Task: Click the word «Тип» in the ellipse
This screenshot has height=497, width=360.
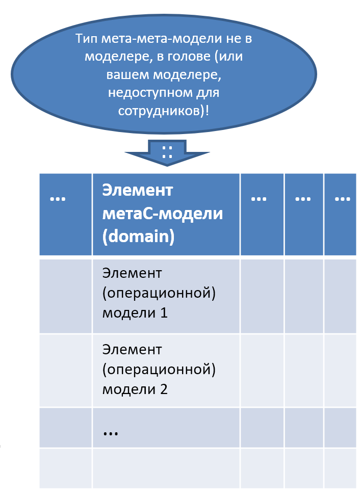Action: (87, 39)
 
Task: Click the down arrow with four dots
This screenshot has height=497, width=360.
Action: (167, 153)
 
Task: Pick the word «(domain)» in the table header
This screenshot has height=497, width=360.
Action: (138, 237)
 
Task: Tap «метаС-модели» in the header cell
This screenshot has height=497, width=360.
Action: (162, 214)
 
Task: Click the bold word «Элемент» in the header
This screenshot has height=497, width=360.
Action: (137, 191)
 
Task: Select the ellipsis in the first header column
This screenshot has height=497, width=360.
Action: (58, 199)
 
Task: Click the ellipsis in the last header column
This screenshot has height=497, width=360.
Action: (343, 199)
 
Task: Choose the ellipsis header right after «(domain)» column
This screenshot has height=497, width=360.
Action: (259, 199)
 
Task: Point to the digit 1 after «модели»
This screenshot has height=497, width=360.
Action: (164, 313)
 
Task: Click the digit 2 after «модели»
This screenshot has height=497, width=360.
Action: (164, 389)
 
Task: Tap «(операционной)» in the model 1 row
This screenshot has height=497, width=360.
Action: (159, 293)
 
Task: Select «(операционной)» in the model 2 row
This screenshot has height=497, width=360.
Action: (159, 370)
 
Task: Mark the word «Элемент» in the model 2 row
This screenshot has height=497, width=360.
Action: (132, 350)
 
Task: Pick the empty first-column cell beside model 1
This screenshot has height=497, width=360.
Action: (66, 296)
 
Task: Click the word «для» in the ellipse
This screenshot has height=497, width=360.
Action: (208, 93)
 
